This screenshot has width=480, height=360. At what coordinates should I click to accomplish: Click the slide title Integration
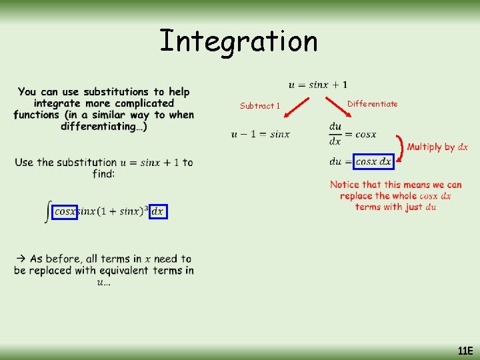point(239,41)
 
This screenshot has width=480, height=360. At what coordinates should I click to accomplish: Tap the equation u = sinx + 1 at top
point(317,85)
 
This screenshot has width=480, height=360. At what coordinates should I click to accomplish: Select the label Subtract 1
point(260,105)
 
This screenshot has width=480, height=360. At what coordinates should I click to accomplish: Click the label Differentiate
point(373,103)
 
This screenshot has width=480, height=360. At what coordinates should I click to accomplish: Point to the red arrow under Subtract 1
point(297,110)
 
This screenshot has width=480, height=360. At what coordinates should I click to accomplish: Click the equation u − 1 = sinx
point(261,134)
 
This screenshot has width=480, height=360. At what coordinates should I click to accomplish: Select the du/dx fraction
point(335,133)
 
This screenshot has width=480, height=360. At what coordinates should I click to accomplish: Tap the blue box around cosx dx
point(374,161)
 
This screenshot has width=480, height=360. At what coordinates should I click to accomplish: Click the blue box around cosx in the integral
point(65,211)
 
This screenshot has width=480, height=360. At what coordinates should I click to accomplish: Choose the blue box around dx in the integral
point(157,211)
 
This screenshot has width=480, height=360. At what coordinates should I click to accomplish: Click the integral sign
point(47,212)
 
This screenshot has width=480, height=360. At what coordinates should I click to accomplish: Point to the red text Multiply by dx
point(437,147)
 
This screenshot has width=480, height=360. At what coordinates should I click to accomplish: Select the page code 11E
point(465,350)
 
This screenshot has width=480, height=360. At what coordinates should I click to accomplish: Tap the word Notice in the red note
point(345,185)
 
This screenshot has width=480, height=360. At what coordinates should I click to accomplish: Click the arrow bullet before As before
point(21,259)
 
